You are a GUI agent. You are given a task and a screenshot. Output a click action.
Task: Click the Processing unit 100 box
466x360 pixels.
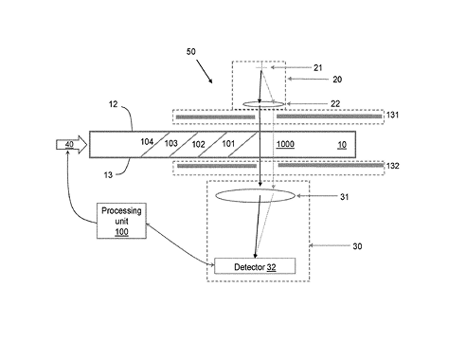[121, 221]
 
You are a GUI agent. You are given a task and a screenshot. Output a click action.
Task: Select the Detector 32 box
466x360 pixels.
[255, 266]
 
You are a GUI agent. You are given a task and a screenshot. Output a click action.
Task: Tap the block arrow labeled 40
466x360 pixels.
[72, 145]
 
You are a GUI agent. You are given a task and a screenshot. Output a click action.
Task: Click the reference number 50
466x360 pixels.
[191, 51]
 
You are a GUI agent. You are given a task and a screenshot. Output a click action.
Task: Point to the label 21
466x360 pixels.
[318, 67]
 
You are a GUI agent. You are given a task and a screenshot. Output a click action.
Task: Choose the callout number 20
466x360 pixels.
[337, 80]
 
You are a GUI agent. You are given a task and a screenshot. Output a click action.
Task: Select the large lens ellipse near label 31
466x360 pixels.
[255, 195]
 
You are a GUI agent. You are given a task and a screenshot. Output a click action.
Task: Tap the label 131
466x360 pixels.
[392, 115]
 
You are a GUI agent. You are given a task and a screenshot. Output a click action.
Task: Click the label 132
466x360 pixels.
[393, 166]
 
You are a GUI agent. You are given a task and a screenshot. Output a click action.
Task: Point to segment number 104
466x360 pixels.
[147, 142]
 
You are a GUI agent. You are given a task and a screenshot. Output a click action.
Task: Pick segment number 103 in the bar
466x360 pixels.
[171, 143]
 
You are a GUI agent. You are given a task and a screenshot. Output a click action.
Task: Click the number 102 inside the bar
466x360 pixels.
[199, 144]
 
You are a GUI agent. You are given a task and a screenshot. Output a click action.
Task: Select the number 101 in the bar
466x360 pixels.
[228, 144]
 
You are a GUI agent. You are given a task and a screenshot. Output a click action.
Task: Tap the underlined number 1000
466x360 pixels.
[285, 144]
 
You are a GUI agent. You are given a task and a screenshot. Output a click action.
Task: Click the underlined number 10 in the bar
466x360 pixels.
[342, 145]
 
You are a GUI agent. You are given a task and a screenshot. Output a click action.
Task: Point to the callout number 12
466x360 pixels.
[113, 104]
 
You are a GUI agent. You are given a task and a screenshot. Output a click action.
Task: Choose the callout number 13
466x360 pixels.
[108, 175]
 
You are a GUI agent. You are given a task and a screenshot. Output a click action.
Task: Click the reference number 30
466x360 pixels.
[357, 246]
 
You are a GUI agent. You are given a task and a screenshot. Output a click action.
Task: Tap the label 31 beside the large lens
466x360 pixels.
[345, 197]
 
